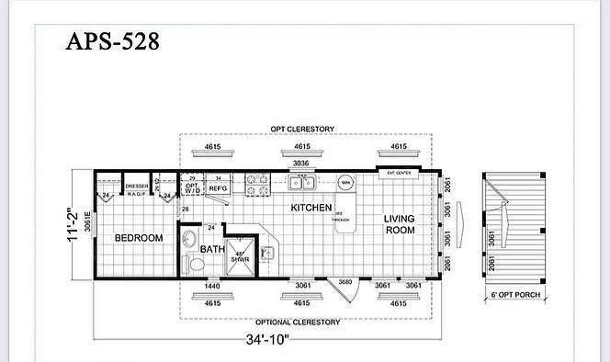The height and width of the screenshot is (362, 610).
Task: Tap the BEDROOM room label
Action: [x=138, y=238]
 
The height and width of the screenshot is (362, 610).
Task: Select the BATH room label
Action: [x=212, y=249]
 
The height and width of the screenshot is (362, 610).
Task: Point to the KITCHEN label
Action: [x=311, y=209]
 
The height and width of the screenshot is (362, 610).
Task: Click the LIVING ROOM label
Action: [x=400, y=223]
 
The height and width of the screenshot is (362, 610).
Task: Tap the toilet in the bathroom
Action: [x=194, y=264]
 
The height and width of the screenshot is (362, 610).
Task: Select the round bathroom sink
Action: [x=189, y=240]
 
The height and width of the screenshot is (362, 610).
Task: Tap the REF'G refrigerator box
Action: [x=218, y=187]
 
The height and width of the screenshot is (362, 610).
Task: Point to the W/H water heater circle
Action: [x=346, y=183]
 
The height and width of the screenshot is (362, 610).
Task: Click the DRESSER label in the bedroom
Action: [x=137, y=187]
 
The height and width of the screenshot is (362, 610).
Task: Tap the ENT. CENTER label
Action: [x=397, y=173]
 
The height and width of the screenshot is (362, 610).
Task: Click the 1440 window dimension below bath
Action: [x=211, y=287]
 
